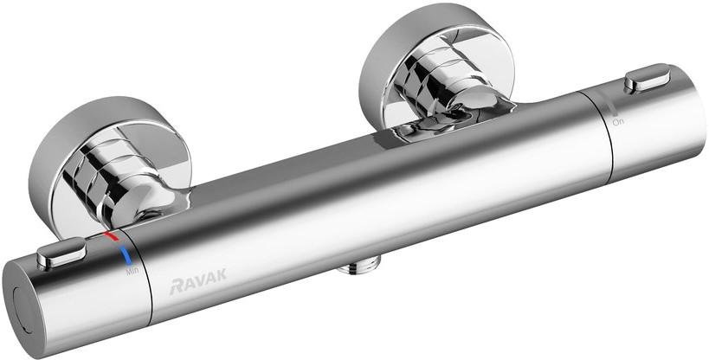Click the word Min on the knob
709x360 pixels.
132,272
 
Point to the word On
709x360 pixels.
618,123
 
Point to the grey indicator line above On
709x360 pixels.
612,107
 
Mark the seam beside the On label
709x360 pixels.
603,130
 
